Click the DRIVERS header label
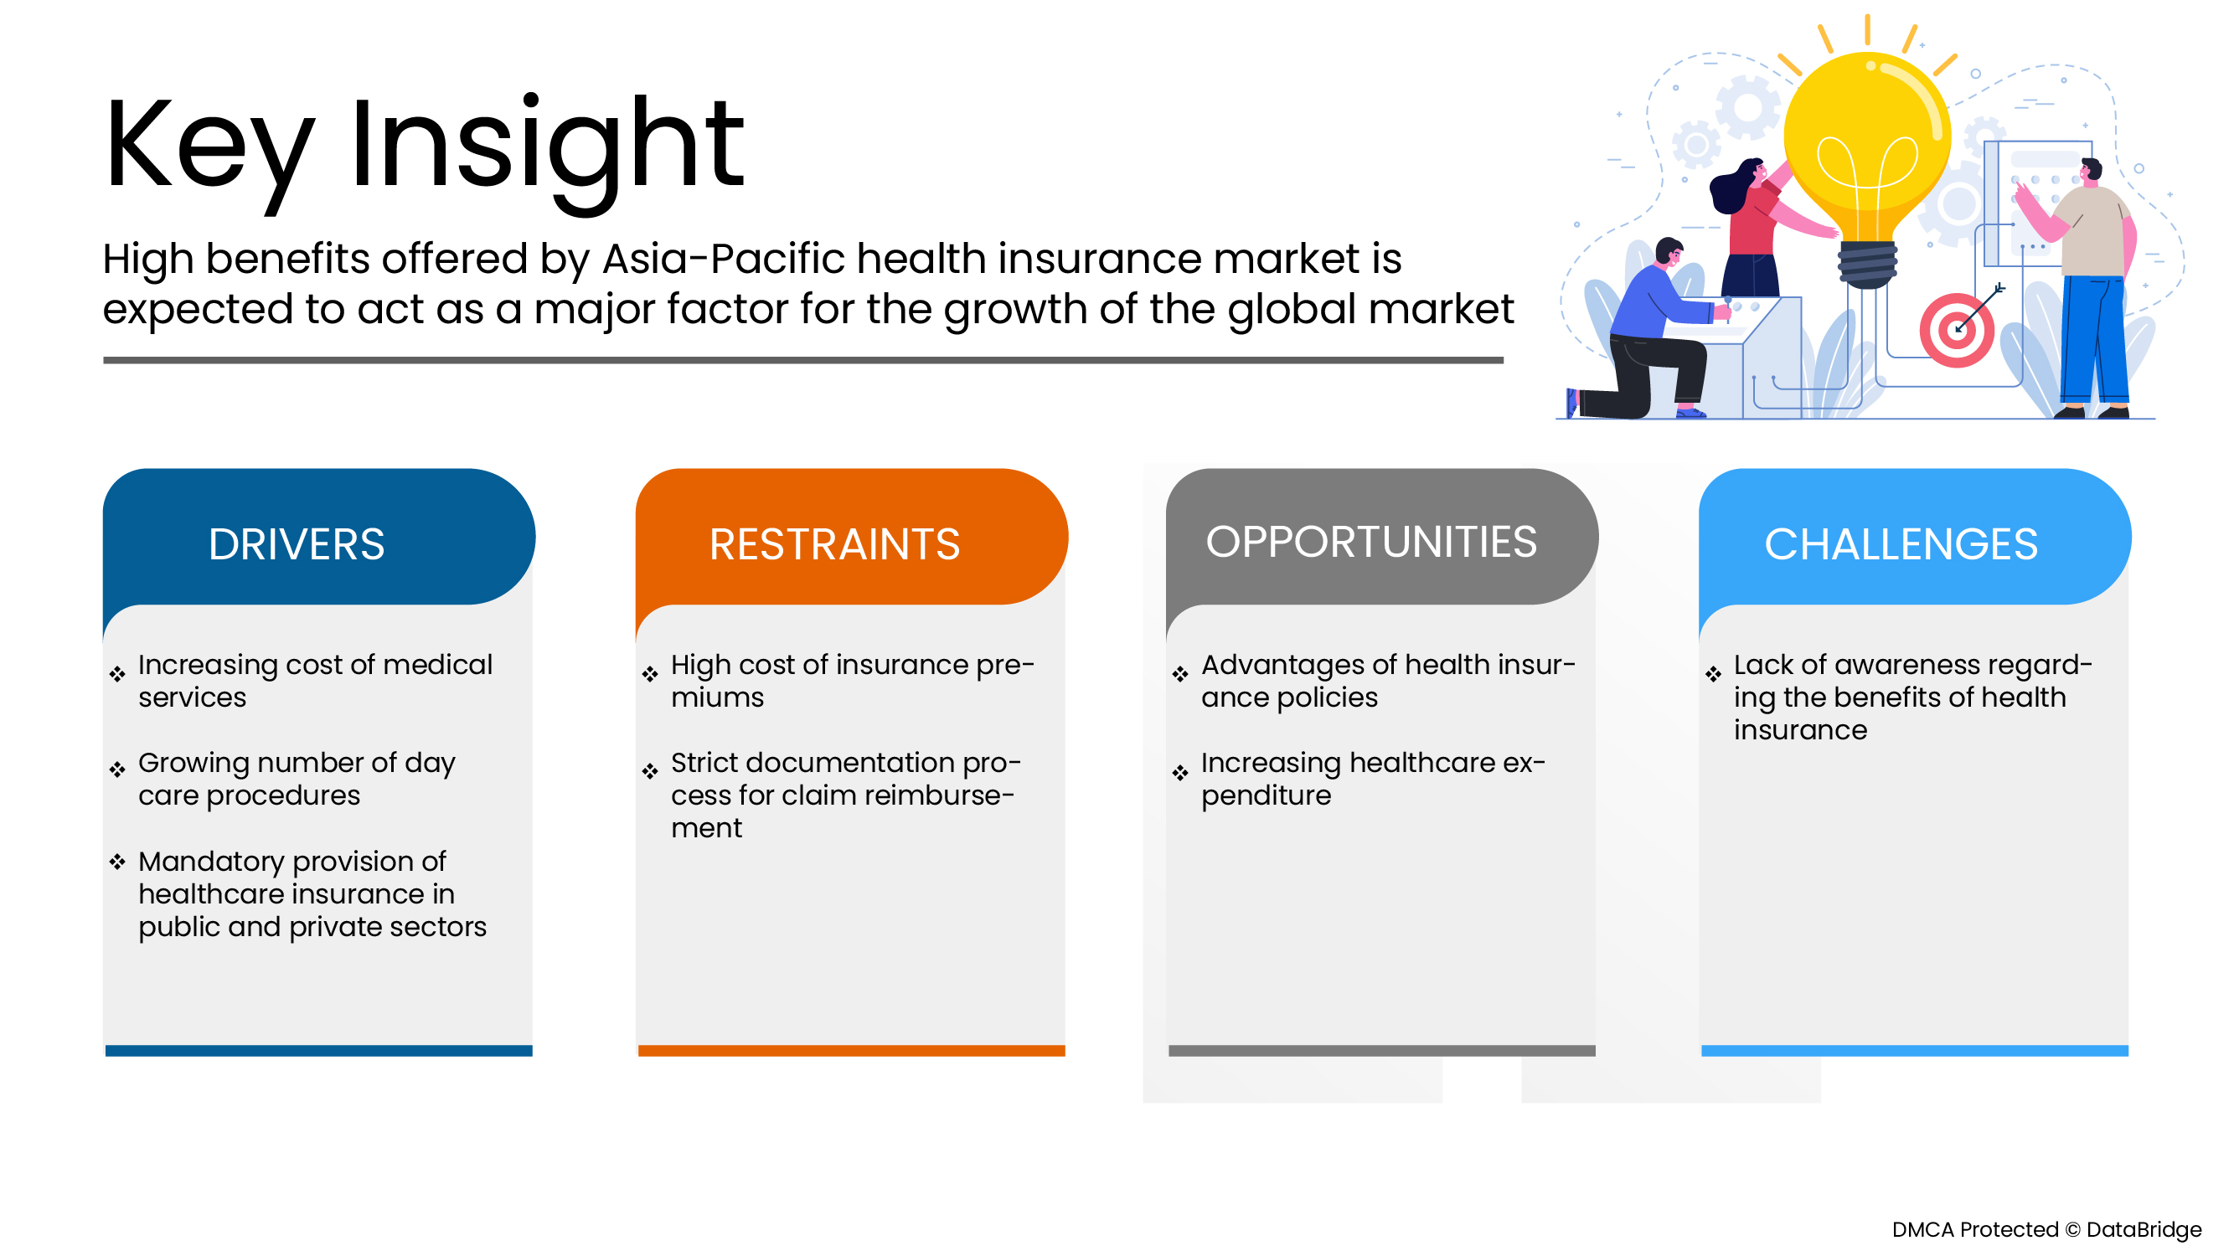296,544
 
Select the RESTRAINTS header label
834,544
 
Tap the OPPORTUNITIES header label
1370,542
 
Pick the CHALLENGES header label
1900,544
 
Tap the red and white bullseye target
1957,330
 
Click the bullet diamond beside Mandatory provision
118,862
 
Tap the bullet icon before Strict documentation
650,770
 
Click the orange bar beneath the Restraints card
851,1051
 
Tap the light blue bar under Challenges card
1914,1051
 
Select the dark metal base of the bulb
1866,265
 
